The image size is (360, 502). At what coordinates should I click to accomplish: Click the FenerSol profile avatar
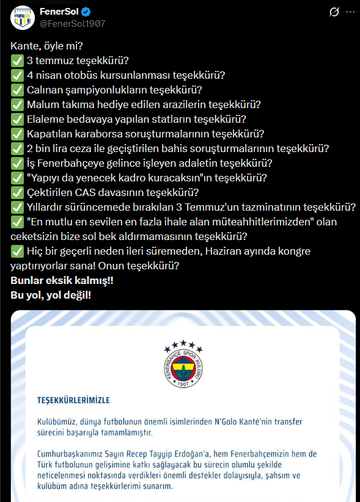[x=22, y=18]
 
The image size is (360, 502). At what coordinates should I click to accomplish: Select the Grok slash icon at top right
[x=334, y=12]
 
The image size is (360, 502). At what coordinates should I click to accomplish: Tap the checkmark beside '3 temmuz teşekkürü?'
[x=17, y=60]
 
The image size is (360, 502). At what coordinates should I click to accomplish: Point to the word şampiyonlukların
[x=99, y=90]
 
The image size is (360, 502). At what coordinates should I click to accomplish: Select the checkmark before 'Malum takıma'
[x=17, y=104]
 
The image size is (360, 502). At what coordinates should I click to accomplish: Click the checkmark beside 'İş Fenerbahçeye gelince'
[x=17, y=163]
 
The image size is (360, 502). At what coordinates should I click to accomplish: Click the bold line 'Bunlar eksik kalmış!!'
[x=62, y=281]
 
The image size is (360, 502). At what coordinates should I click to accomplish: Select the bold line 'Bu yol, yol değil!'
[x=51, y=296]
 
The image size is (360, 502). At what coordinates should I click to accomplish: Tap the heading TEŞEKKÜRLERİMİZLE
[x=73, y=401]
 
